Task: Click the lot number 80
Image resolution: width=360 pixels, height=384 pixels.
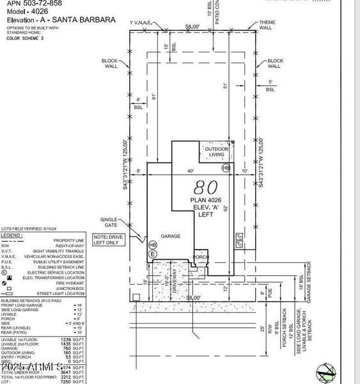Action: click(206, 187)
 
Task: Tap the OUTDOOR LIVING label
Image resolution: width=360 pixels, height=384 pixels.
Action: click(215, 152)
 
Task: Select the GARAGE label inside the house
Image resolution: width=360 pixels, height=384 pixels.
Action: click(170, 236)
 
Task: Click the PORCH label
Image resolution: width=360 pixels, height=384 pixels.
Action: click(201, 257)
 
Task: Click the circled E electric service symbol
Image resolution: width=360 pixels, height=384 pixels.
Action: click(153, 255)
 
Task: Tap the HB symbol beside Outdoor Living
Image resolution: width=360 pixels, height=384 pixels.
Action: click(225, 168)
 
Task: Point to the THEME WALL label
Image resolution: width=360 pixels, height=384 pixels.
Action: click(267, 26)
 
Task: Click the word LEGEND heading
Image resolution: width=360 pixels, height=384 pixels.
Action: click(13, 236)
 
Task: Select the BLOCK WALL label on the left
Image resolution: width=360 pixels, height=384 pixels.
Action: click(110, 63)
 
